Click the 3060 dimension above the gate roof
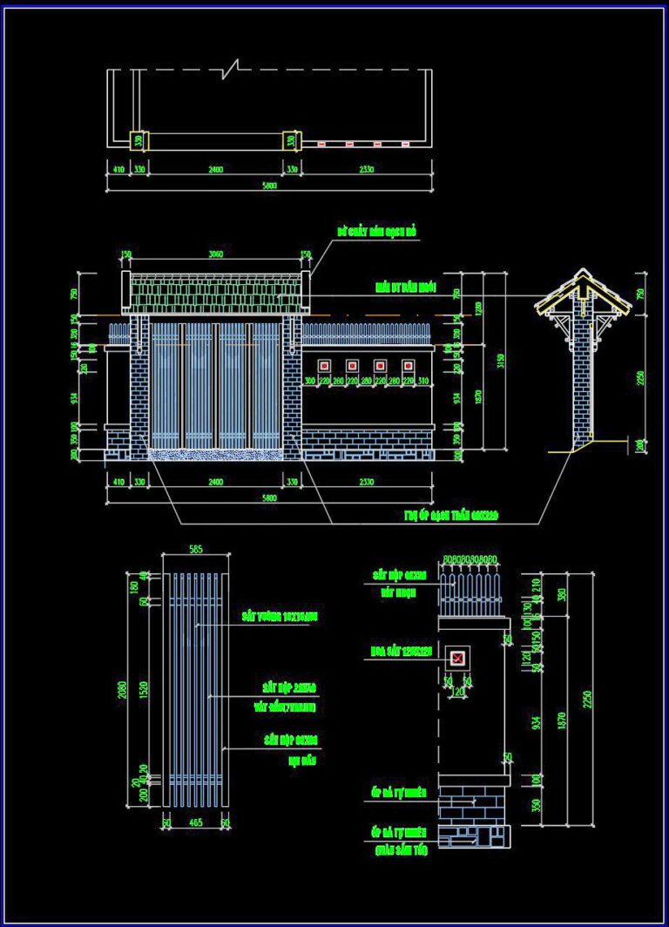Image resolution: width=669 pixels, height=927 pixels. pos(215,254)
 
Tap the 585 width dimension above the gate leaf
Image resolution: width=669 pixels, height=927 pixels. pos(196,549)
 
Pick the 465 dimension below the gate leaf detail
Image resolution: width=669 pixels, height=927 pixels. pos(196,822)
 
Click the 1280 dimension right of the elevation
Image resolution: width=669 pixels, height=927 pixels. pos(478,308)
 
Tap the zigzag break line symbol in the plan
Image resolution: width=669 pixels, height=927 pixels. pos(231,70)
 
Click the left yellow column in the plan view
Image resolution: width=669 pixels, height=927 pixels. pos(139,140)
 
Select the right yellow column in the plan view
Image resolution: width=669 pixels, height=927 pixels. pos(291,140)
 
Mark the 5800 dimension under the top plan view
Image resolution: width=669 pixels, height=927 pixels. pos(269,186)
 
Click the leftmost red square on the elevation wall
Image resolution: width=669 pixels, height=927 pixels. pos(326,365)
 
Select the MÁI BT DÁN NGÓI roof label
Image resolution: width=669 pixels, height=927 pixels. pos(407,286)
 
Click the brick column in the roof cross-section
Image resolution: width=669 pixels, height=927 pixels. pos(581,383)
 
